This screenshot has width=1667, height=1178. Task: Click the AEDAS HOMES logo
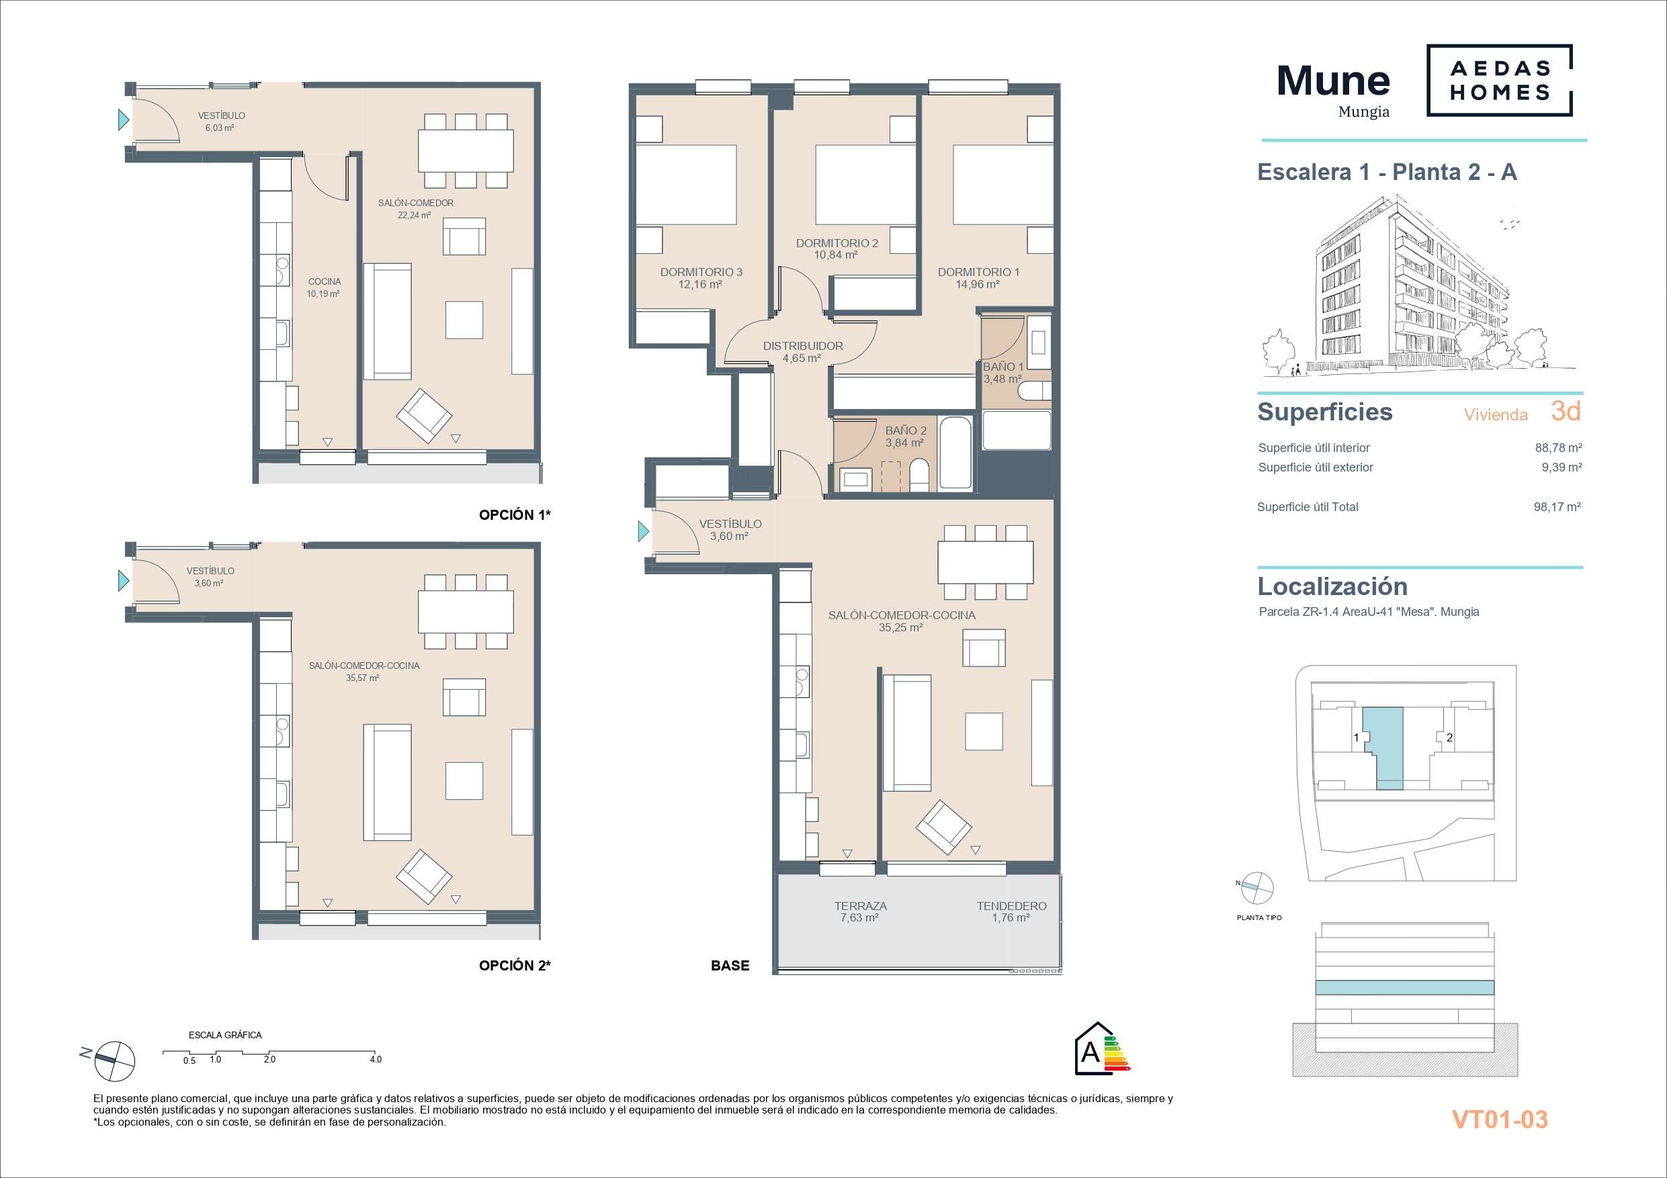pyautogui.click(x=1499, y=80)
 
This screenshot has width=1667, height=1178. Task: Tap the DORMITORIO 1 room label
pyautogui.click(x=978, y=272)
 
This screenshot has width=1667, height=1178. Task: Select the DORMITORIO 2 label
pyautogui.click(x=837, y=243)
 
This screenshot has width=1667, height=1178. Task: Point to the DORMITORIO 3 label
pyautogui.click(x=701, y=272)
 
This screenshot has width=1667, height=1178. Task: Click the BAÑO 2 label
pyautogui.click(x=905, y=431)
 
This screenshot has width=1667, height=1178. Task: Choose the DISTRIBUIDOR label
pyautogui.click(x=802, y=347)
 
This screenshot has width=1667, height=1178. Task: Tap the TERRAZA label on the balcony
pyautogui.click(x=860, y=906)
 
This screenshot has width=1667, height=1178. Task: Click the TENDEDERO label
pyautogui.click(x=1011, y=906)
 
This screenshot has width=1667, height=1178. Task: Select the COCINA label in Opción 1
pyautogui.click(x=324, y=281)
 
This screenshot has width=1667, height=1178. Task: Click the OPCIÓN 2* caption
pyautogui.click(x=515, y=965)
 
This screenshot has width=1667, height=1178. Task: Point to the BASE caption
pyautogui.click(x=730, y=965)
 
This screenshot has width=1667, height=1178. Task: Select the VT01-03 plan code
pyautogui.click(x=1499, y=1119)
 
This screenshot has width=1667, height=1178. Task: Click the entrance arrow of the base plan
pyautogui.click(x=643, y=531)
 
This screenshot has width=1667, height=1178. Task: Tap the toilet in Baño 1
pyautogui.click(x=1034, y=393)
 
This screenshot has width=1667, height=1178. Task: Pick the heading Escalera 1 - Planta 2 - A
pyautogui.click(x=1387, y=172)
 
